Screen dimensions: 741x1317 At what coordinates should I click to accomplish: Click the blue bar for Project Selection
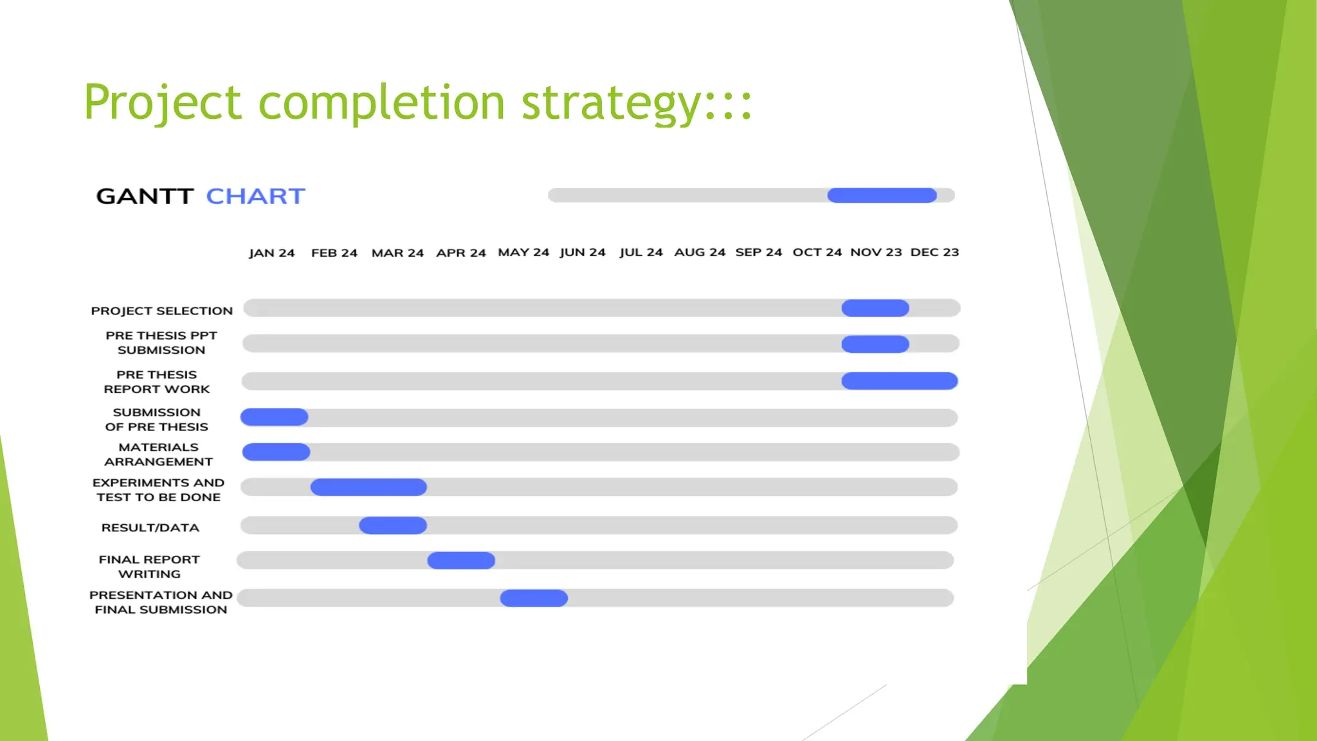[875, 308]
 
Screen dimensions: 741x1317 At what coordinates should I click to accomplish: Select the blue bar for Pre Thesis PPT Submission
[875, 344]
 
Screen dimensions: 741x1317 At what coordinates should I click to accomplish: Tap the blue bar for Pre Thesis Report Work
[899, 381]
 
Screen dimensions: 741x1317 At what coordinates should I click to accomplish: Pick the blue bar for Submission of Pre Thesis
[275, 417]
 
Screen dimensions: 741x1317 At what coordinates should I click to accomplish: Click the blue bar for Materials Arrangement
[276, 452]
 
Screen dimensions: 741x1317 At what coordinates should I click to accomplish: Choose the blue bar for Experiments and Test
[368, 487]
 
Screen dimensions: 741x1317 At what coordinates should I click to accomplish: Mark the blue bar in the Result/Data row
[393, 526]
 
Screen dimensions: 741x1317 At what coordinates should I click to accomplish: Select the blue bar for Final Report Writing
[461, 560]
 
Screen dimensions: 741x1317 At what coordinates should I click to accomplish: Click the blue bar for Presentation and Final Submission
[534, 598]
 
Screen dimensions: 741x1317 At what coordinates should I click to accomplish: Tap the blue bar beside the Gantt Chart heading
[882, 196]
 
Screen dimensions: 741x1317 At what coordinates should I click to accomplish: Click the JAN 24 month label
[271, 253]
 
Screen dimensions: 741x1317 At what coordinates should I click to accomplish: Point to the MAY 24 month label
[523, 252]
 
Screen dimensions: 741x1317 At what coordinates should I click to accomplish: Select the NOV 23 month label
[876, 252]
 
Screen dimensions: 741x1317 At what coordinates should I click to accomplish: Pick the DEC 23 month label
[934, 252]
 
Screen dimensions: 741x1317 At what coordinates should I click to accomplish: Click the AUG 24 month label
[700, 252]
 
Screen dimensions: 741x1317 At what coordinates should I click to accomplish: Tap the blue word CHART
[255, 196]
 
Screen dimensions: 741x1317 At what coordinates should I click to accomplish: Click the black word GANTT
[145, 196]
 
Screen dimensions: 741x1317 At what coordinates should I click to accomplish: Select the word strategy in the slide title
[611, 103]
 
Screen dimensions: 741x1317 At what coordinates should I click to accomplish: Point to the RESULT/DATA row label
[150, 527]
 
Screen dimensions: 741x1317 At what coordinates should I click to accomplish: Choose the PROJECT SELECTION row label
[162, 311]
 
